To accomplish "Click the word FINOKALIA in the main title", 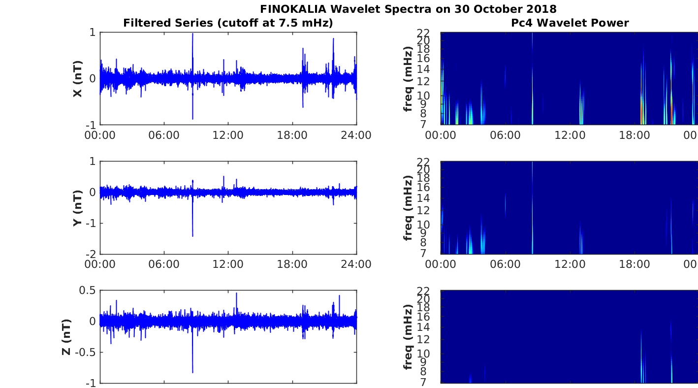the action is click(x=293, y=9).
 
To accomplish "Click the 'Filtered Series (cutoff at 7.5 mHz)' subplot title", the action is click(x=228, y=23).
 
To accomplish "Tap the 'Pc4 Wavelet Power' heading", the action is click(x=570, y=23).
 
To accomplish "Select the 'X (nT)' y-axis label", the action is click(x=77, y=79).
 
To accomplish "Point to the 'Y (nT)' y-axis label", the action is click(x=77, y=208).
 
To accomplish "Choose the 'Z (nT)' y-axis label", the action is click(x=66, y=337).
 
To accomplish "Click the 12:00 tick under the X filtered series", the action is click(x=228, y=135).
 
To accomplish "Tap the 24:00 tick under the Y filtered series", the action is click(x=356, y=264).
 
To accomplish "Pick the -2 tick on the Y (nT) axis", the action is click(x=91, y=254).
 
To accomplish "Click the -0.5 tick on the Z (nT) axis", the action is click(x=87, y=352).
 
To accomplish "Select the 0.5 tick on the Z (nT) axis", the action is click(x=87, y=291).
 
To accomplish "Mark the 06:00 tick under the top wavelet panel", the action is click(x=505, y=135).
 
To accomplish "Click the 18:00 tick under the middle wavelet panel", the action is click(x=635, y=264).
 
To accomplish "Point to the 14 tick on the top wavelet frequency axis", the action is click(x=424, y=69).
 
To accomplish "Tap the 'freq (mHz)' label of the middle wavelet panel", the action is click(x=408, y=208).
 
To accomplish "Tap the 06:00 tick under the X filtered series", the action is click(x=164, y=135).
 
